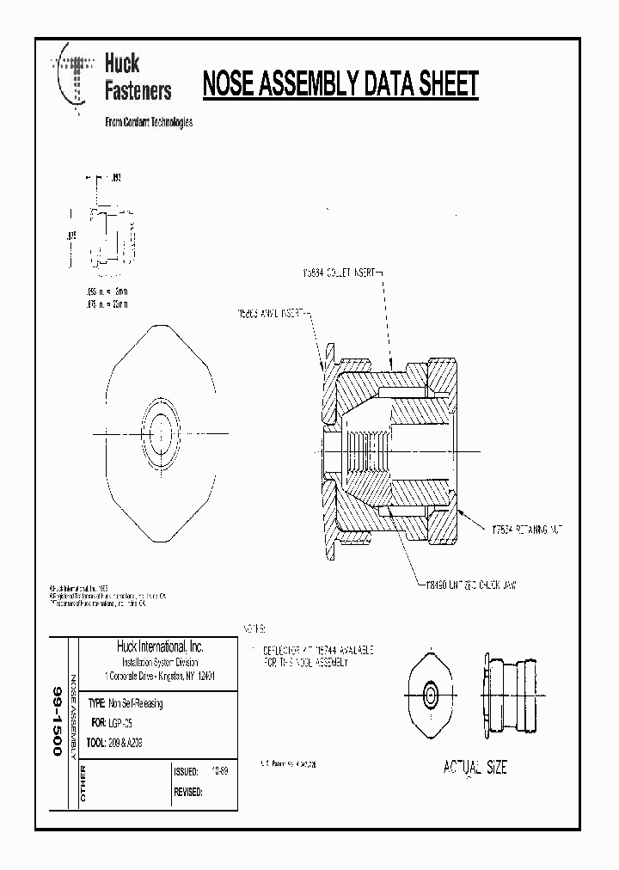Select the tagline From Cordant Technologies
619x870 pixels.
coord(148,122)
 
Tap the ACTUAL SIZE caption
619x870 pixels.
coord(475,767)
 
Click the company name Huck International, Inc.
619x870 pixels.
coord(160,646)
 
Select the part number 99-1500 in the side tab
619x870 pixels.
coord(58,720)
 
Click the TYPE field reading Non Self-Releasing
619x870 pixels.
coord(126,703)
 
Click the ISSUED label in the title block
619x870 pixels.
coord(187,772)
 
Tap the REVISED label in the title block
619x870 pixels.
coord(188,793)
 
